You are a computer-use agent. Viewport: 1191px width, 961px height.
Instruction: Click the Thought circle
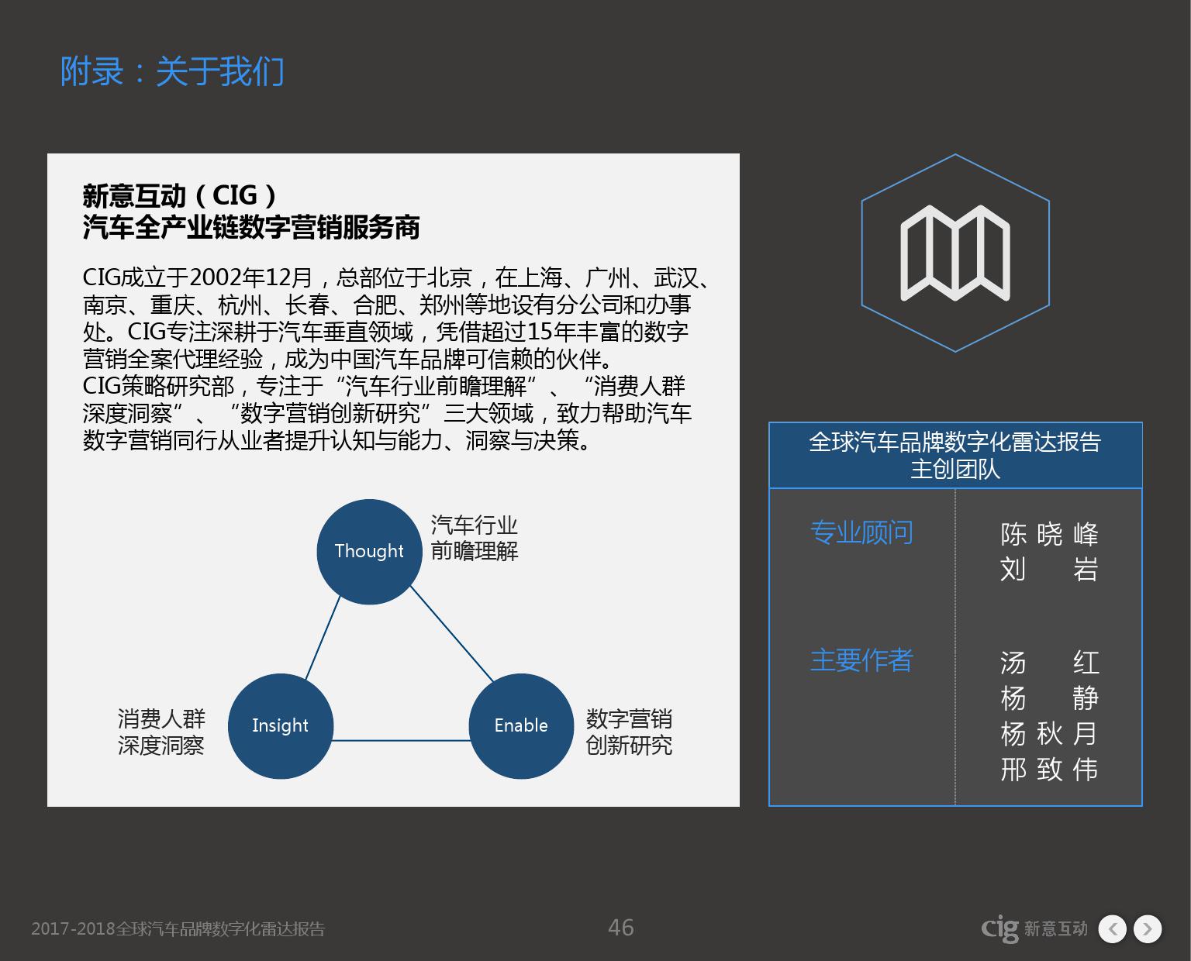tap(369, 552)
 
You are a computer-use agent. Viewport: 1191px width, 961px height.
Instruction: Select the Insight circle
tap(281, 725)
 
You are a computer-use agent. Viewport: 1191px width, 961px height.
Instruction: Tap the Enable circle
tap(521, 725)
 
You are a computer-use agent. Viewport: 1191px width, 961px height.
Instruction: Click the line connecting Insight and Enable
tap(401, 740)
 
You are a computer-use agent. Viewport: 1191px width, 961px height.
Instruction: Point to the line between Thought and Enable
tap(452, 634)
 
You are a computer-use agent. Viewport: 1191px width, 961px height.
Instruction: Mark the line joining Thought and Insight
tap(323, 638)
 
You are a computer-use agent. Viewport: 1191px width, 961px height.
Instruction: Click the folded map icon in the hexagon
tap(955, 253)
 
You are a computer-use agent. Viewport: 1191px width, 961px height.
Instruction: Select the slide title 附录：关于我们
tap(172, 71)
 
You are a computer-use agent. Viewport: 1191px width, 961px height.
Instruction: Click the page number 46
tap(620, 928)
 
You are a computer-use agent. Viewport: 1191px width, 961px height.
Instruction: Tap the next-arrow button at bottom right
tap(1148, 928)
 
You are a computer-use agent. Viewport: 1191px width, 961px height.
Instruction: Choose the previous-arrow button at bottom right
tap(1112, 928)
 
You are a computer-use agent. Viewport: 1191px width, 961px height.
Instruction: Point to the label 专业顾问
tap(861, 532)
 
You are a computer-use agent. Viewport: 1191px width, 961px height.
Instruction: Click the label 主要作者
tap(861, 660)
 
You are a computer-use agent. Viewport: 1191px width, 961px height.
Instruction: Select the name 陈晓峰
tap(1050, 534)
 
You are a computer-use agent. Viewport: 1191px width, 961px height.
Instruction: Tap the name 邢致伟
tap(1050, 770)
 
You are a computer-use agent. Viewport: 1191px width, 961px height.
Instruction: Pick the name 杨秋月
tap(1050, 734)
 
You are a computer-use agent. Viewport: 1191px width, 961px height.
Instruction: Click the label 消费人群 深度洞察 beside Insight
tap(161, 732)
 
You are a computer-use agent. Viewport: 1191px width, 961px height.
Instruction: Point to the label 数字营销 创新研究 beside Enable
tap(629, 732)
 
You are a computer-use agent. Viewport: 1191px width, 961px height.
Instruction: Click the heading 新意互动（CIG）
tap(179, 195)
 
